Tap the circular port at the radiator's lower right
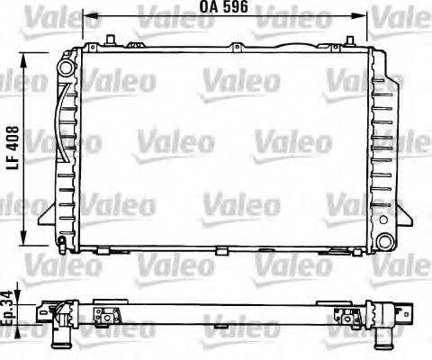pos(385,241)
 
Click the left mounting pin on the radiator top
pos(109,38)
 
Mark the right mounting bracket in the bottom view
pos(343,314)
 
